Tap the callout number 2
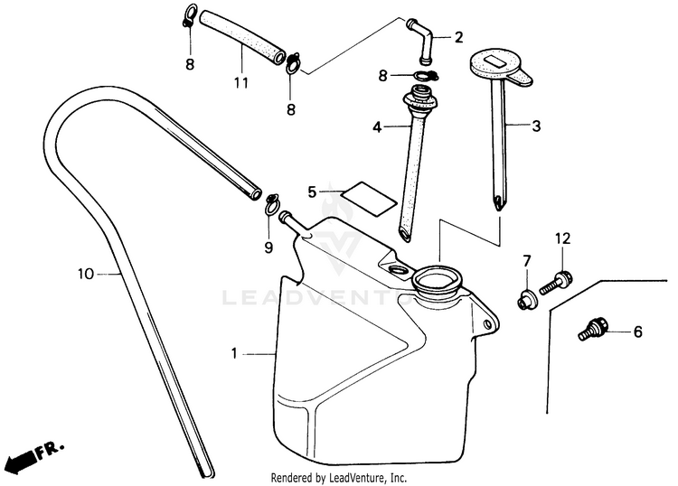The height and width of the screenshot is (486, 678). tap(459, 37)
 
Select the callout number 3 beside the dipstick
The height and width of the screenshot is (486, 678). tap(536, 126)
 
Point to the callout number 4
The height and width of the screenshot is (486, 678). tap(378, 127)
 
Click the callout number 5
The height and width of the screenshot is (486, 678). tap(312, 192)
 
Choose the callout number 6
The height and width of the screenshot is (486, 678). tap(637, 332)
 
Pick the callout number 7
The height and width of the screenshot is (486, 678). tap(526, 262)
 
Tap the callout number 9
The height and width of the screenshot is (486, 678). tap(268, 247)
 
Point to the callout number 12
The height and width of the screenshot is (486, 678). tap(562, 238)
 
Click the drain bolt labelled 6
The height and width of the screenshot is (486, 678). tap(593, 328)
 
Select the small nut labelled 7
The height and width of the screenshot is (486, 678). tap(524, 299)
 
